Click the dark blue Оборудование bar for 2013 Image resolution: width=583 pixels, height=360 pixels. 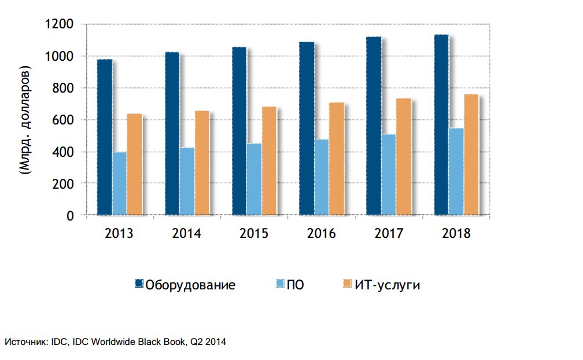click(105, 137)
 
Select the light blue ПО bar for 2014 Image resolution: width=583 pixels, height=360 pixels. click(187, 182)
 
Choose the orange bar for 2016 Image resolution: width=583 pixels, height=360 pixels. click(336, 159)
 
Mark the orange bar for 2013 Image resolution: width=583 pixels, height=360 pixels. click(134, 164)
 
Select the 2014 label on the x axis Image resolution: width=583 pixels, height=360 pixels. click(186, 234)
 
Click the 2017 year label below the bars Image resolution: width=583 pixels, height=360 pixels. click(389, 234)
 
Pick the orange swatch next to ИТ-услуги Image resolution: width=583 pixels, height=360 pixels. click(347, 284)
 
